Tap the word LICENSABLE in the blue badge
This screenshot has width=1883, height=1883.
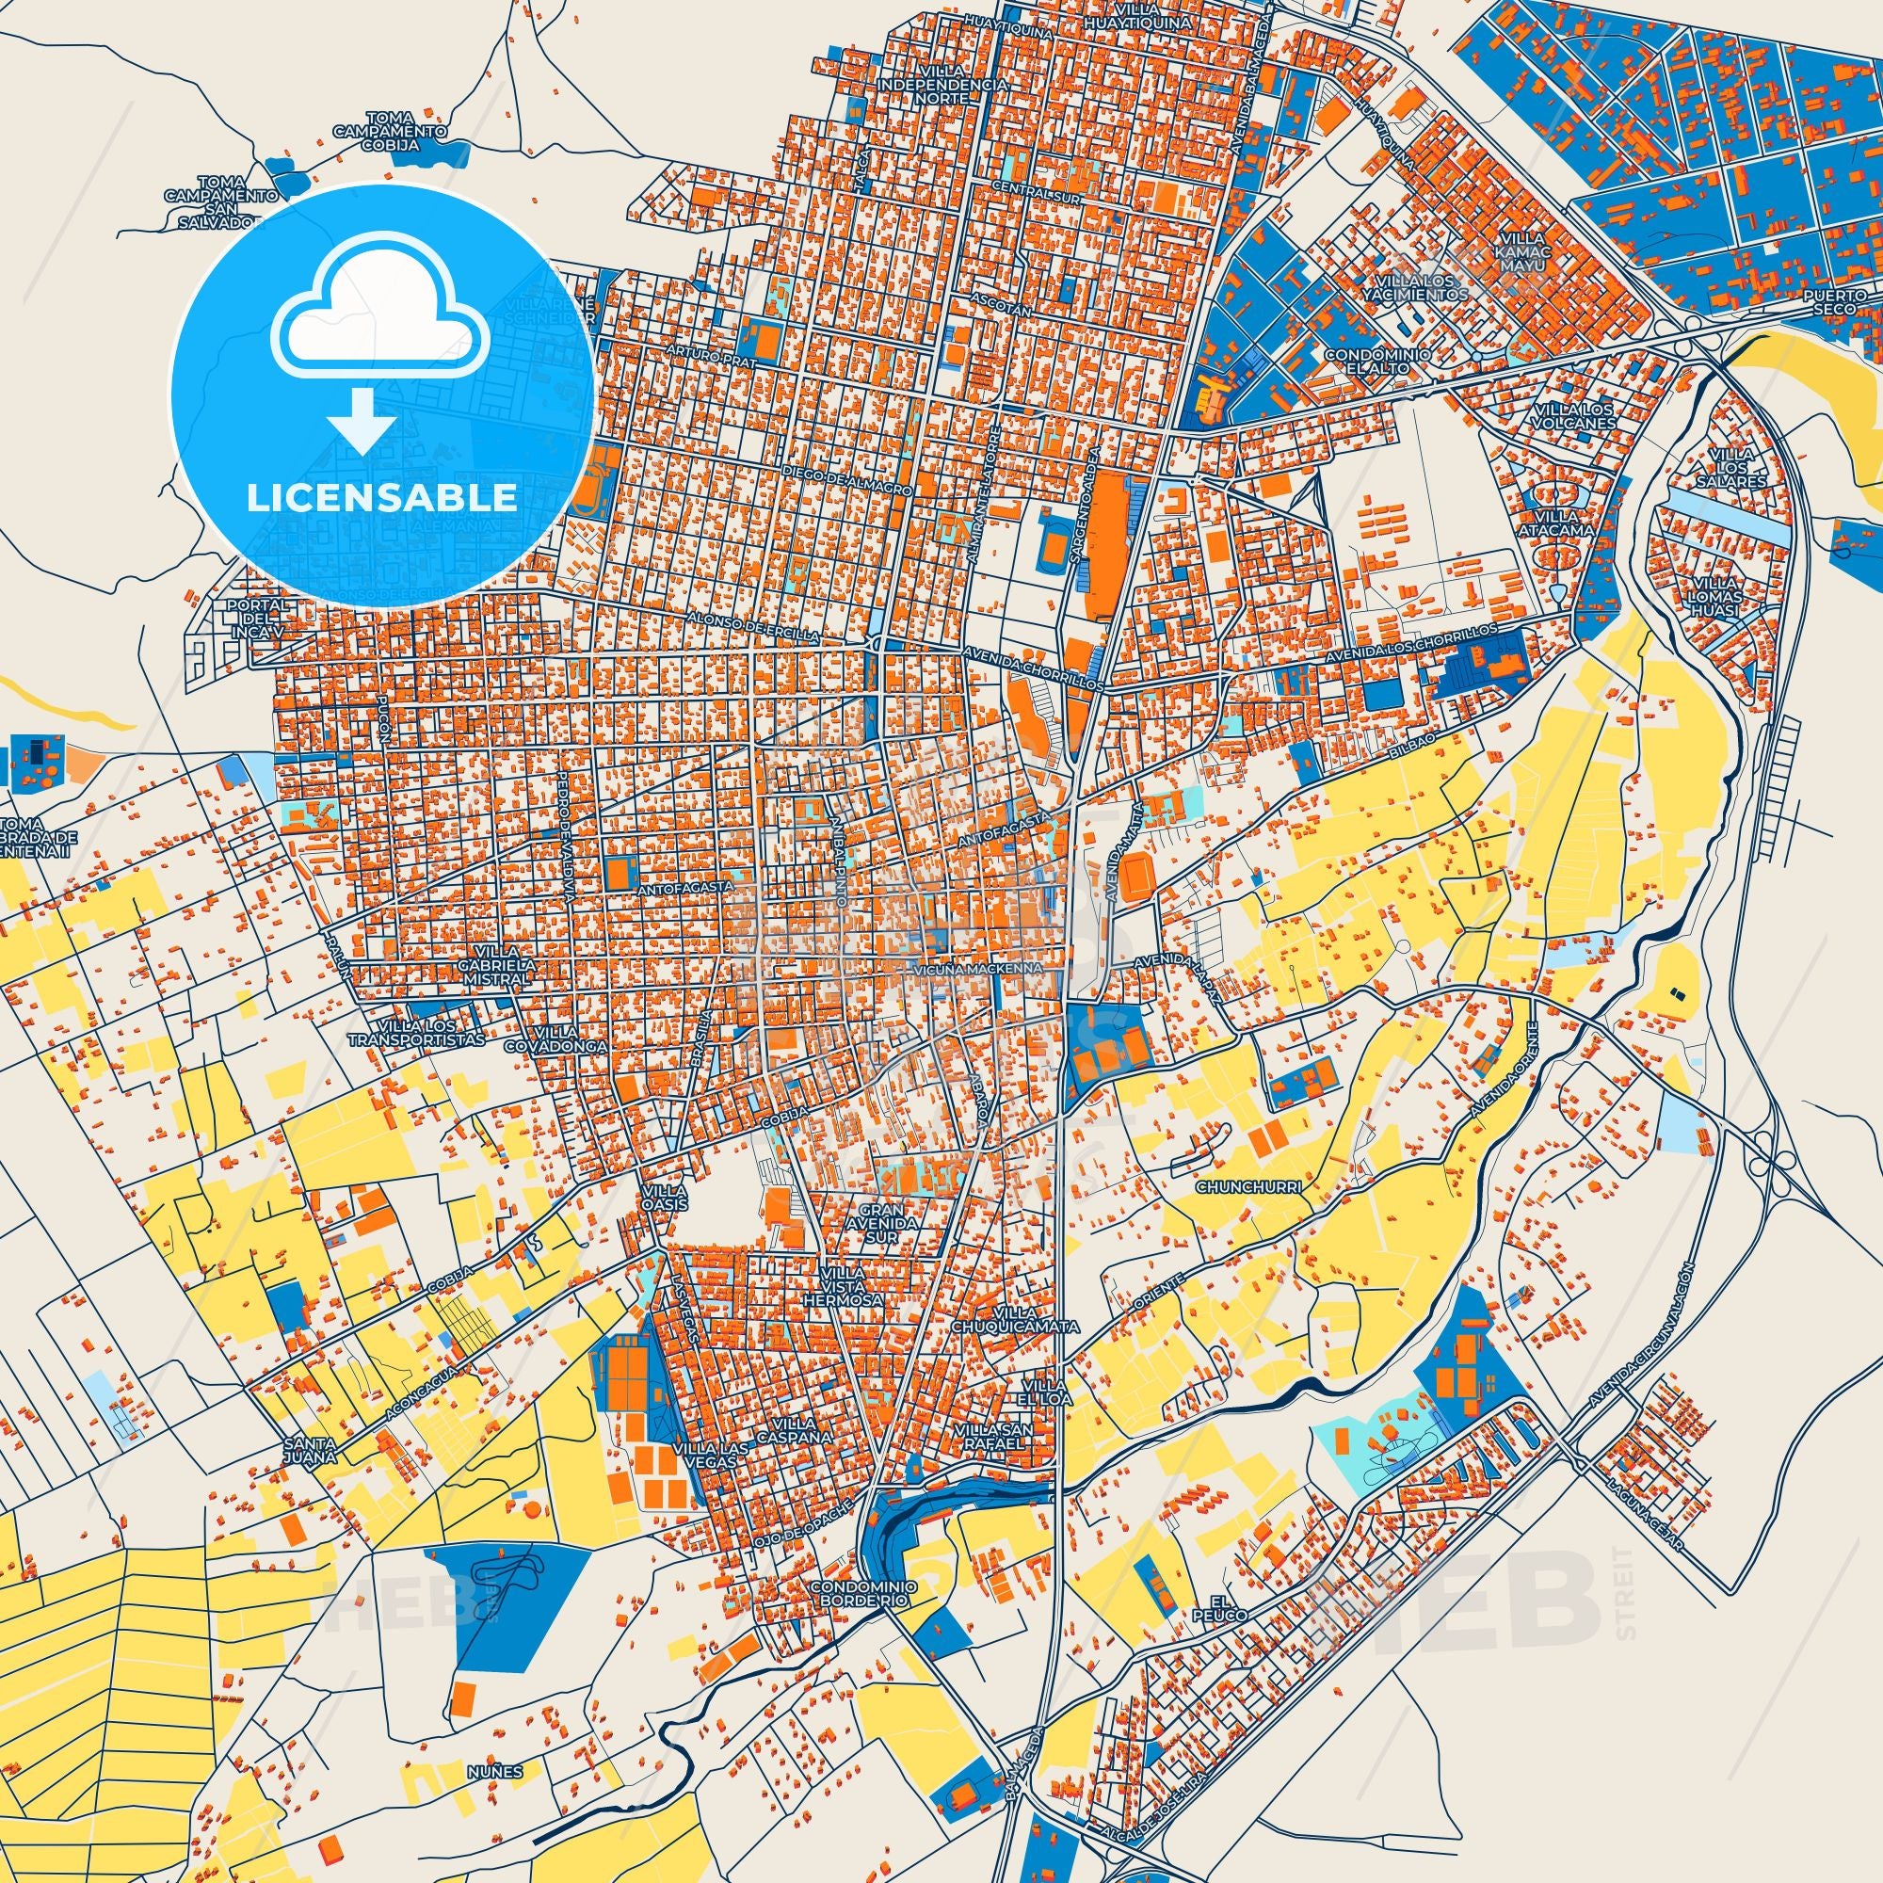click(381, 498)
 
